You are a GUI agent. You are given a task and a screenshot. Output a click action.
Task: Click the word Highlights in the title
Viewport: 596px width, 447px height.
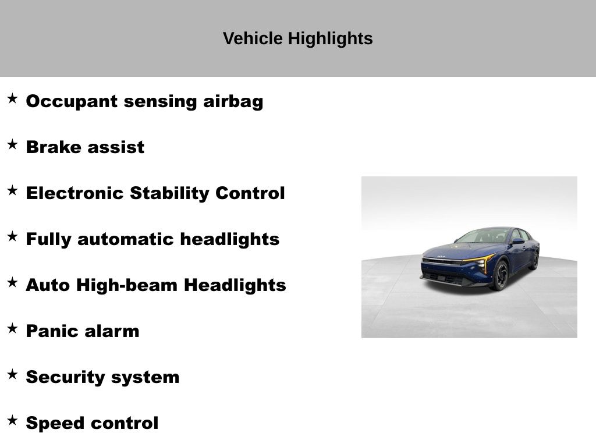tap(330, 39)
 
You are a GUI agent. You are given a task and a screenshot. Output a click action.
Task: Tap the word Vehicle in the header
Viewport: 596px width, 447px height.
tap(253, 38)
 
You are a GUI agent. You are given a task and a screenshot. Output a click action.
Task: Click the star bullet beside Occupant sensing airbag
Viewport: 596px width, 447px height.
tap(13, 98)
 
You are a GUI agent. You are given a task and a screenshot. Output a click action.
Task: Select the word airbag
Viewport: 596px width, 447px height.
tap(233, 101)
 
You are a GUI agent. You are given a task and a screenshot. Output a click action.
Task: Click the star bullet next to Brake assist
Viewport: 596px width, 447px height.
tap(13, 144)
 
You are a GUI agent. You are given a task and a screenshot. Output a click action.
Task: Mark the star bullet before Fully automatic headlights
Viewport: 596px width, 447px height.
tap(13, 236)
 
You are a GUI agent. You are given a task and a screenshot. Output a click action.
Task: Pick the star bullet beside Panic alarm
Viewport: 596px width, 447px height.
tap(13, 328)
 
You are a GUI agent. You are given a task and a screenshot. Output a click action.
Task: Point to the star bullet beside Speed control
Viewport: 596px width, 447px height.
tap(13, 420)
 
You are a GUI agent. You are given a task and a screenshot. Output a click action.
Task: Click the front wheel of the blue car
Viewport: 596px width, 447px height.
tap(501, 275)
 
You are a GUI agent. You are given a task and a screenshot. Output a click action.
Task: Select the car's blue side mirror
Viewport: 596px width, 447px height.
tap(517, 241)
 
